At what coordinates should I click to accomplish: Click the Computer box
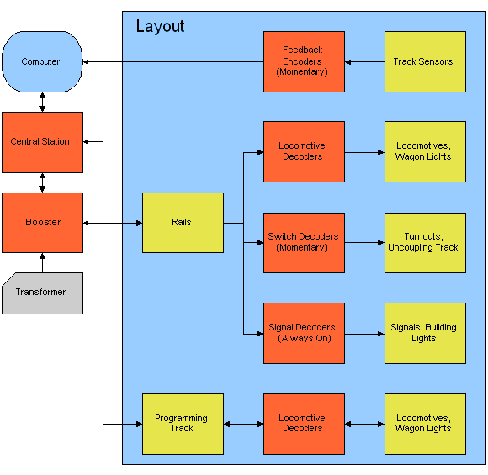click(x=42, y=61)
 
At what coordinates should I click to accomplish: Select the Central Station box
click(x=42, y=142)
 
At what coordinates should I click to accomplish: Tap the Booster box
click(x=42, y=223)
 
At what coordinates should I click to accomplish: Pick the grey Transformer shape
click(x=42, y=293)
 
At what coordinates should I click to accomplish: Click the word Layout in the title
click(x=160, y=27)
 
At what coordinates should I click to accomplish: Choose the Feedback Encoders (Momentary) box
click(x=304, y=61)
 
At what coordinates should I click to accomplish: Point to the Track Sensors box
click(x=425, y=61)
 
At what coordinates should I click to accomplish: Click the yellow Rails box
click(x=183, y=223)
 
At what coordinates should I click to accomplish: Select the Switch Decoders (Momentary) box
click(x=304, y=242)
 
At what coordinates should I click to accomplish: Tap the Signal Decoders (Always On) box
click(x=304, y=333)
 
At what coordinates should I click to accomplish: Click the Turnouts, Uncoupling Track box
click(x=425, y=242)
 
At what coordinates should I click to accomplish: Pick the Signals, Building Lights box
click(x=425, y=333)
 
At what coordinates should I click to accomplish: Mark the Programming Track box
click(x=183, y=424)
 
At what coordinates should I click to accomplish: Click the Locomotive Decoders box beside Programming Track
click(x=304, y=424)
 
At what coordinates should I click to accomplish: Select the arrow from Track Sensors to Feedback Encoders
click(x=364, y=61)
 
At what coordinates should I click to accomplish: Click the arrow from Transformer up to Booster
click(x=42, y=262)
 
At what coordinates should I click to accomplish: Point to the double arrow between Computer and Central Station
click(x=42, y=102)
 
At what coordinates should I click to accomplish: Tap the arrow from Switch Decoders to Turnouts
click(x=364, y=243)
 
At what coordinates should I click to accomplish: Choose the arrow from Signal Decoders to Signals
click(x=364, y=334)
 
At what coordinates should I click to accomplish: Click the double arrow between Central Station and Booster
click(x=42, y=182)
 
